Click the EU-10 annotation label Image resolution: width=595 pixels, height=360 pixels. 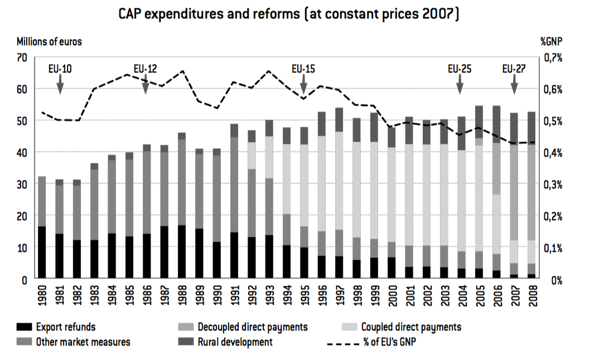[x=60, y=69]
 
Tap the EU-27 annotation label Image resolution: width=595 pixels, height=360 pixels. [x=514, y=69]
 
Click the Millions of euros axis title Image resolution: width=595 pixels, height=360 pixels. [x=49, y=42]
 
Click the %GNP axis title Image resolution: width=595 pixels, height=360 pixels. [x=552, y=42]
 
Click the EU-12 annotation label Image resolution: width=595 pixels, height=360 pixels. [x=145, y=69]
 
